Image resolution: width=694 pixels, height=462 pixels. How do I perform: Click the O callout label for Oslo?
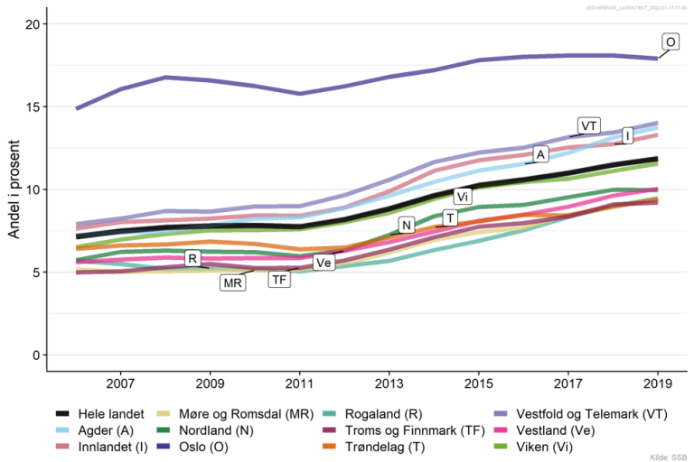click(671, 42)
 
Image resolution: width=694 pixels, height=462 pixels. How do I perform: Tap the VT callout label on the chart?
click(589, 125)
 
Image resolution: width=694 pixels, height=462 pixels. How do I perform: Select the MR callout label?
click(232, 282)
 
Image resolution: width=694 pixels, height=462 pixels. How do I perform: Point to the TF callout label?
click(281, 280)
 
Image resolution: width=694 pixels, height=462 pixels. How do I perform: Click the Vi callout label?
click(462, 197)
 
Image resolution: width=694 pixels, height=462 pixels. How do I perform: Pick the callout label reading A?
click(540, 154)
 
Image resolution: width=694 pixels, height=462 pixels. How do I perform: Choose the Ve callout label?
click(323, 263)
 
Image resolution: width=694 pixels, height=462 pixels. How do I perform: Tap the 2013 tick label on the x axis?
click(389, 383)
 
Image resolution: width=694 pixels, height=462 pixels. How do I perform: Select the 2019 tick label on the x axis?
click(656, 383)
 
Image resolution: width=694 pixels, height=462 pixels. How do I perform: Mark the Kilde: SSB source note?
click(668, 457)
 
